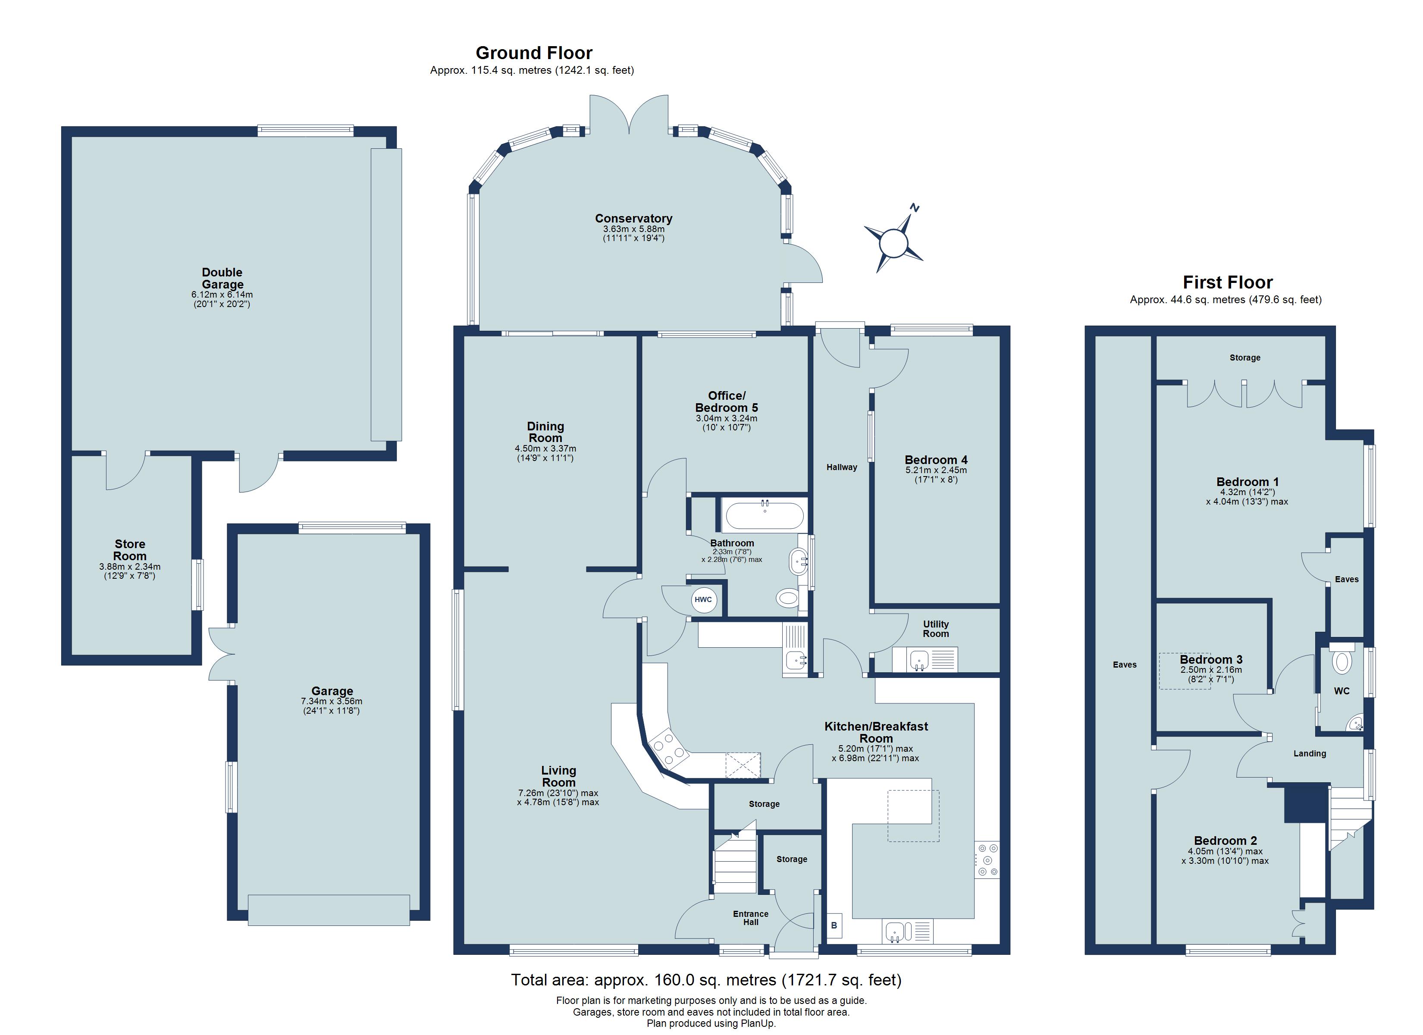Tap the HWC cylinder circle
pos(703,599)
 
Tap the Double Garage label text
pos(222,278)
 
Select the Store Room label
pos(130,550)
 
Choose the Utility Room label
pos(935,629)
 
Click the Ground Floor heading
pos(533,53)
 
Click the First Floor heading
pos(1227,282)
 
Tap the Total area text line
pos(706,980)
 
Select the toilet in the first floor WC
pos(1342,662)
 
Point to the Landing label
pos(1310,753)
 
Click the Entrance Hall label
pos(750,918)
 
